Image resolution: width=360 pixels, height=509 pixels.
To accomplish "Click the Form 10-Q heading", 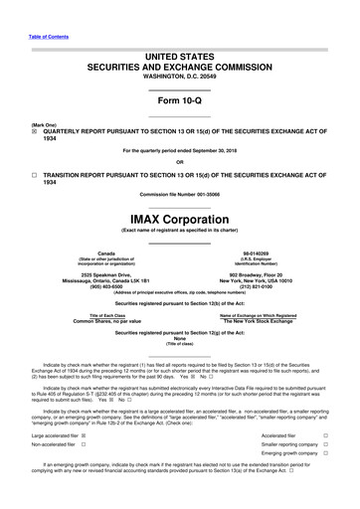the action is click(179, 103).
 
